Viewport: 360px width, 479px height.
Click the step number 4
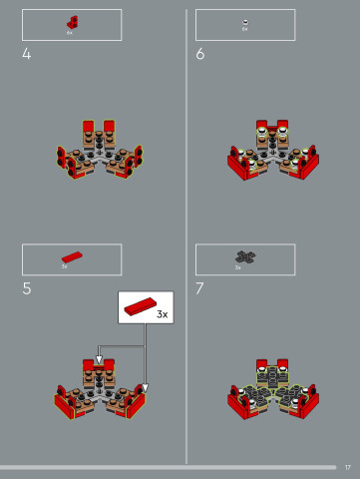point(27,54)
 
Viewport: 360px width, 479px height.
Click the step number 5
point(27,288)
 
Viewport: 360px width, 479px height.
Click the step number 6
point(200,54)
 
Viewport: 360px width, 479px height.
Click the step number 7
point(200,288)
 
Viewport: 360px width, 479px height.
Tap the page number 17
point(348,467)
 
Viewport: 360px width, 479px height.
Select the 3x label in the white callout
point(162,313)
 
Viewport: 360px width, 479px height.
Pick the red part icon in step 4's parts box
point(72,22)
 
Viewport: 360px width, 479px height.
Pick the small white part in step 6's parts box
point(245,21)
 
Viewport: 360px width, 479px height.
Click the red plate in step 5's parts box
point(71,256)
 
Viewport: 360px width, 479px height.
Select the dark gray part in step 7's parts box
point(244,256)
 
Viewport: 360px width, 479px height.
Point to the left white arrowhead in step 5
point(98,360)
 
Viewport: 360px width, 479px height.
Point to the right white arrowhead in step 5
point(145,388)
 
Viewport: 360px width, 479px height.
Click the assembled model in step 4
point(99,152)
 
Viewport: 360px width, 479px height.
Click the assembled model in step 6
point(272,152)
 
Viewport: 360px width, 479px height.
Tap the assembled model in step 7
point(272,391)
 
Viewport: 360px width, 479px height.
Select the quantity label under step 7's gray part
point(238,267)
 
